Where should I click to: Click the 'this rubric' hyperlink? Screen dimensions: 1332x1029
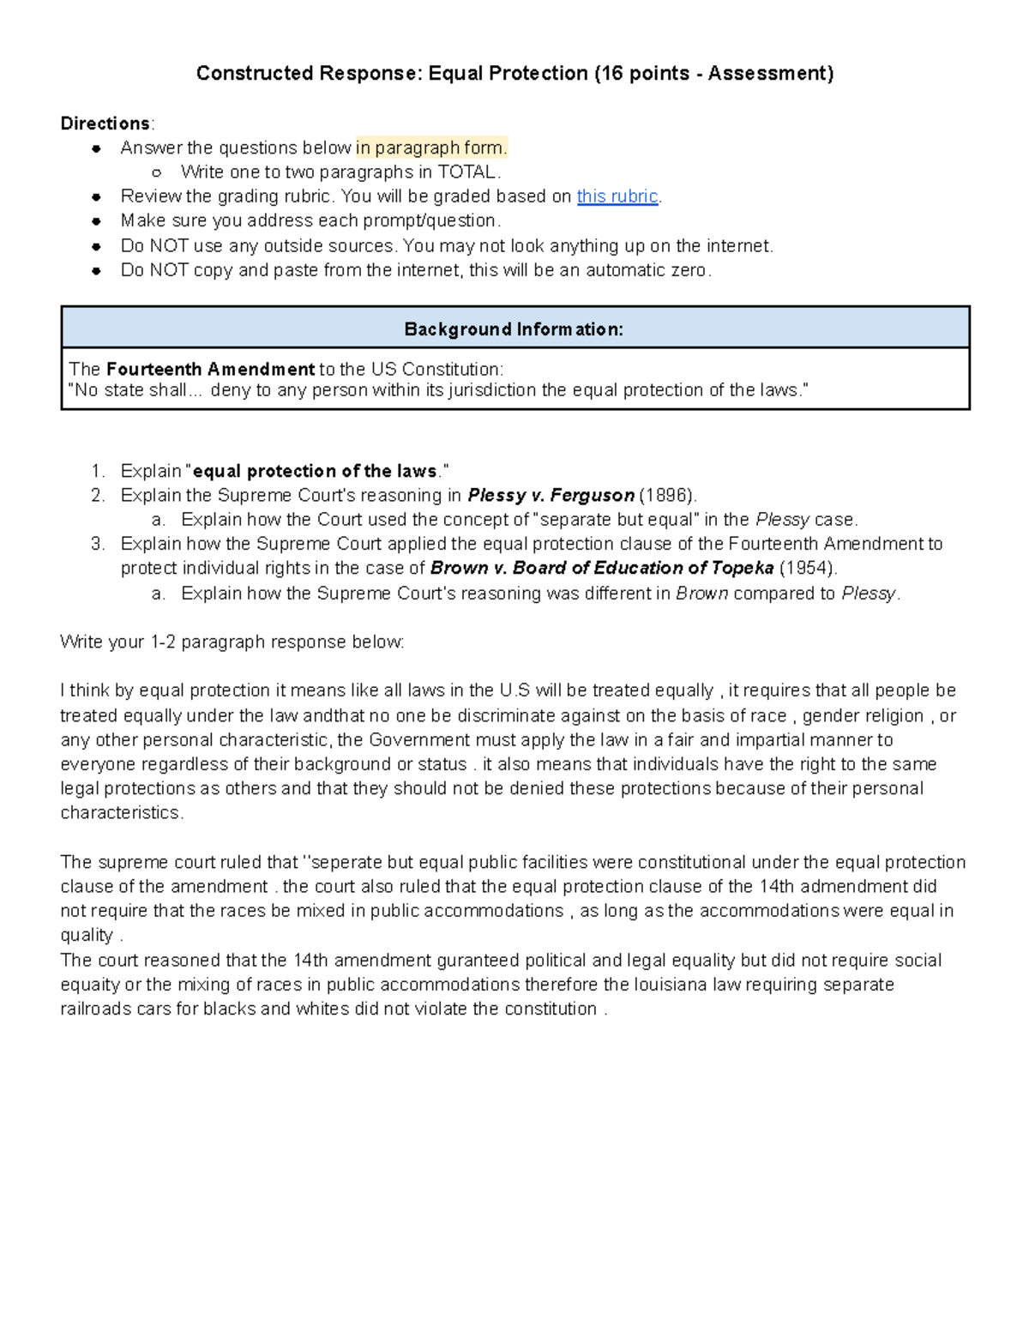pos(617,196)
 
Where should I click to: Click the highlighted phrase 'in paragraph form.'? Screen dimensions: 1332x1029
pos(432,148)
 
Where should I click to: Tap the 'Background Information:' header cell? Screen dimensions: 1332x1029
pos(514,329)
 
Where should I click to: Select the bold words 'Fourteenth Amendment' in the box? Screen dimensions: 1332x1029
pos(210,370)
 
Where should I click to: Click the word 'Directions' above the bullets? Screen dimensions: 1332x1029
pos(105,124)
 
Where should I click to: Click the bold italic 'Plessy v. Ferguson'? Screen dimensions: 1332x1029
pos(551,496)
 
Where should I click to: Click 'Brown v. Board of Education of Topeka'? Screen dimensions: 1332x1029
pos(602,568)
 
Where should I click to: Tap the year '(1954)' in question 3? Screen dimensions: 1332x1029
pos(807,568)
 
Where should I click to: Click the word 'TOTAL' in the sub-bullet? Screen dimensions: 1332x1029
pos(466,172)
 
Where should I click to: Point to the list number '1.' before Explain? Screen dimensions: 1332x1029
pos(98,471)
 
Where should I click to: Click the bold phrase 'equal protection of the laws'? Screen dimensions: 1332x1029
pos(316,471)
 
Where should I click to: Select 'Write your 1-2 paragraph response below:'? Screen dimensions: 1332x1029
pos(232,642)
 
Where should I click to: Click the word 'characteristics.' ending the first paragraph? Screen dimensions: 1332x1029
pos(122,813)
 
